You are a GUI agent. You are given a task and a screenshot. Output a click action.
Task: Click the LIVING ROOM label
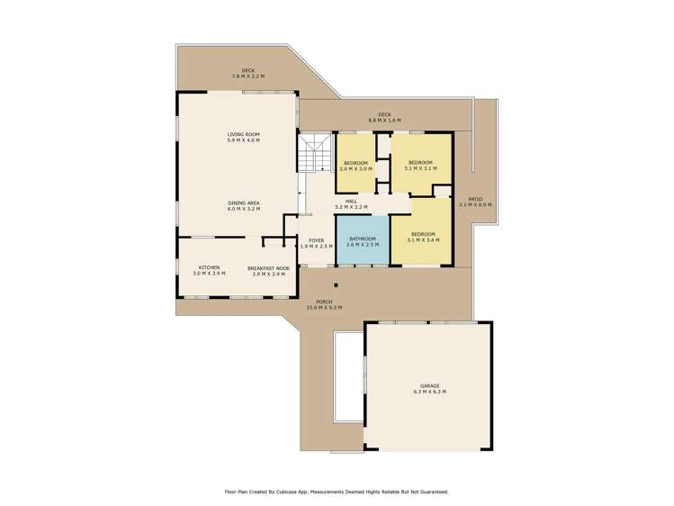[x=243, y=134]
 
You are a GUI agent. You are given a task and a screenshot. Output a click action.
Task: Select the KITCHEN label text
[x=210, y=267]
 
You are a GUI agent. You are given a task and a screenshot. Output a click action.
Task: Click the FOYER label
[x=316, y=240]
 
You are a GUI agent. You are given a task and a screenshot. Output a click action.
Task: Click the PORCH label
[x=324, y=302]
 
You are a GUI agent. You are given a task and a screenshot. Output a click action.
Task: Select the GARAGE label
[x=428, y=385]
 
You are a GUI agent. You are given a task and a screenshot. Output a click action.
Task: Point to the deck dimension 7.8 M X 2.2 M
[x=248, y=77]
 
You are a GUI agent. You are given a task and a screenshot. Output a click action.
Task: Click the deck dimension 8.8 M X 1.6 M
[x=384, y=120]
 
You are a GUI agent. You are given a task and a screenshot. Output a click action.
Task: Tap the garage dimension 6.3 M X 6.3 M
[x=428, y=393]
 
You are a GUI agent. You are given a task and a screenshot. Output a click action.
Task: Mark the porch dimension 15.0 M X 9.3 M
[x=324, y=308]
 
